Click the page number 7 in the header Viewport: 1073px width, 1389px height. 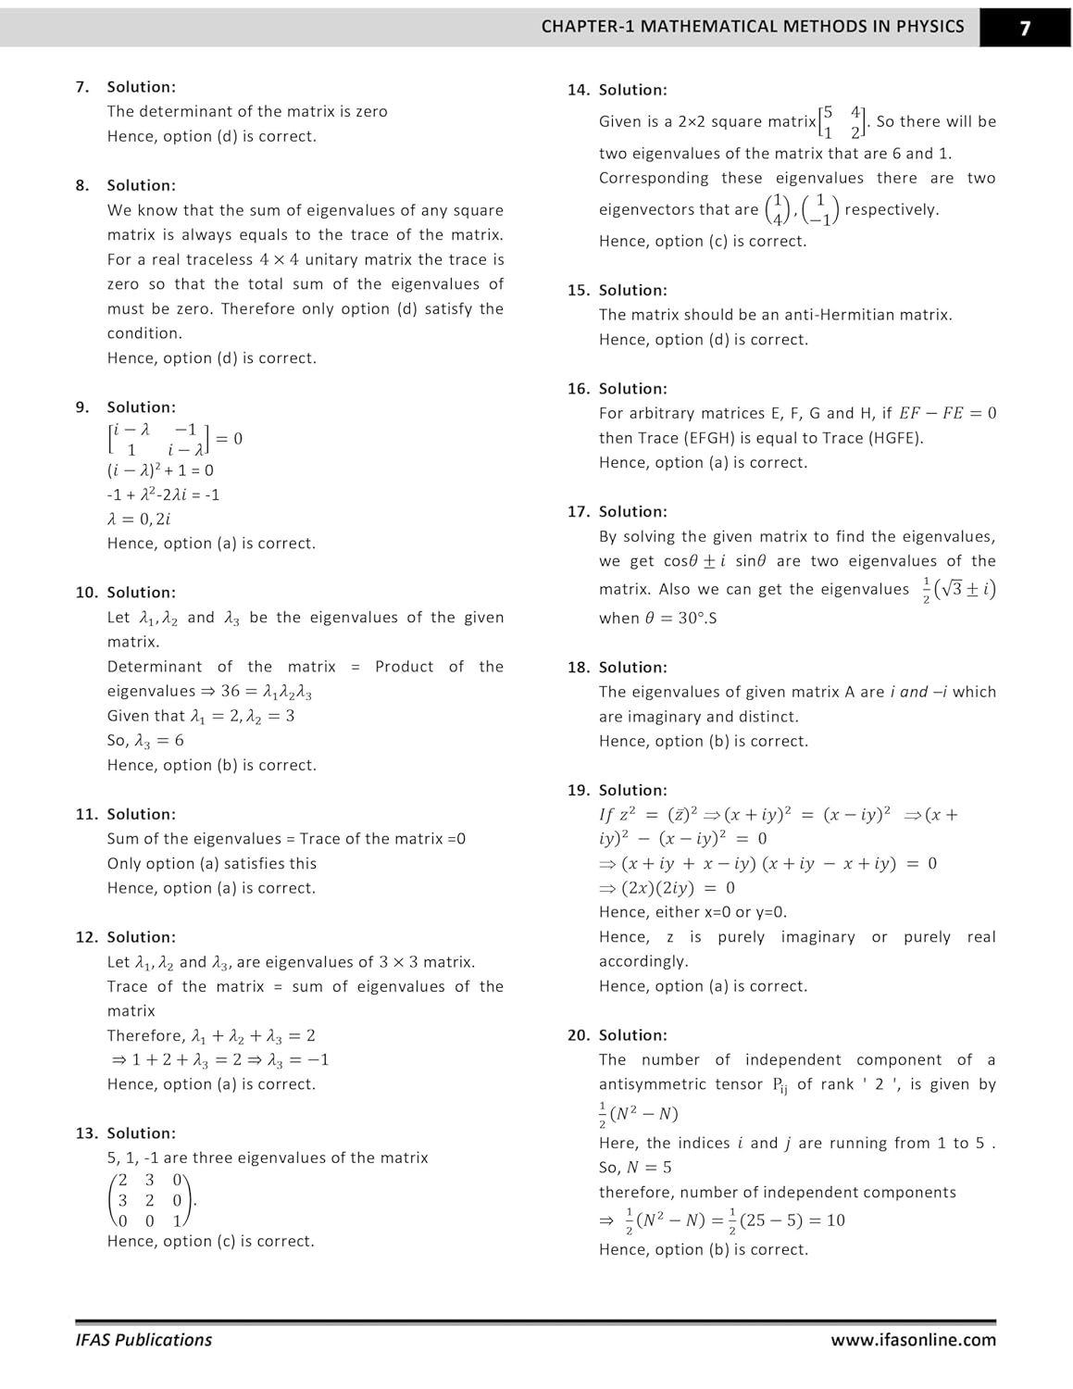click(1025, 28)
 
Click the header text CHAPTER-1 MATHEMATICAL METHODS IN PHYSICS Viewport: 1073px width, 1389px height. click(753, 27)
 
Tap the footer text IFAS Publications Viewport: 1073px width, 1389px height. click(143, 1340)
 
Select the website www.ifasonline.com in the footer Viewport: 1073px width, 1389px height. click(913, 1340)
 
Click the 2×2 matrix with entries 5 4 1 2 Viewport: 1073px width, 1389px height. click(842, 122)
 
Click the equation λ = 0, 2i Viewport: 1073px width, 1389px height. click(139, 519)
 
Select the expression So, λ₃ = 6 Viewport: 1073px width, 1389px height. click(145, 741)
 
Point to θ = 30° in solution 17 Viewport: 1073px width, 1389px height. click(675, 619)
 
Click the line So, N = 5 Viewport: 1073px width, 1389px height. click(635, 1168)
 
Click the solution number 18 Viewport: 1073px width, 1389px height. click(578, 668)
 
